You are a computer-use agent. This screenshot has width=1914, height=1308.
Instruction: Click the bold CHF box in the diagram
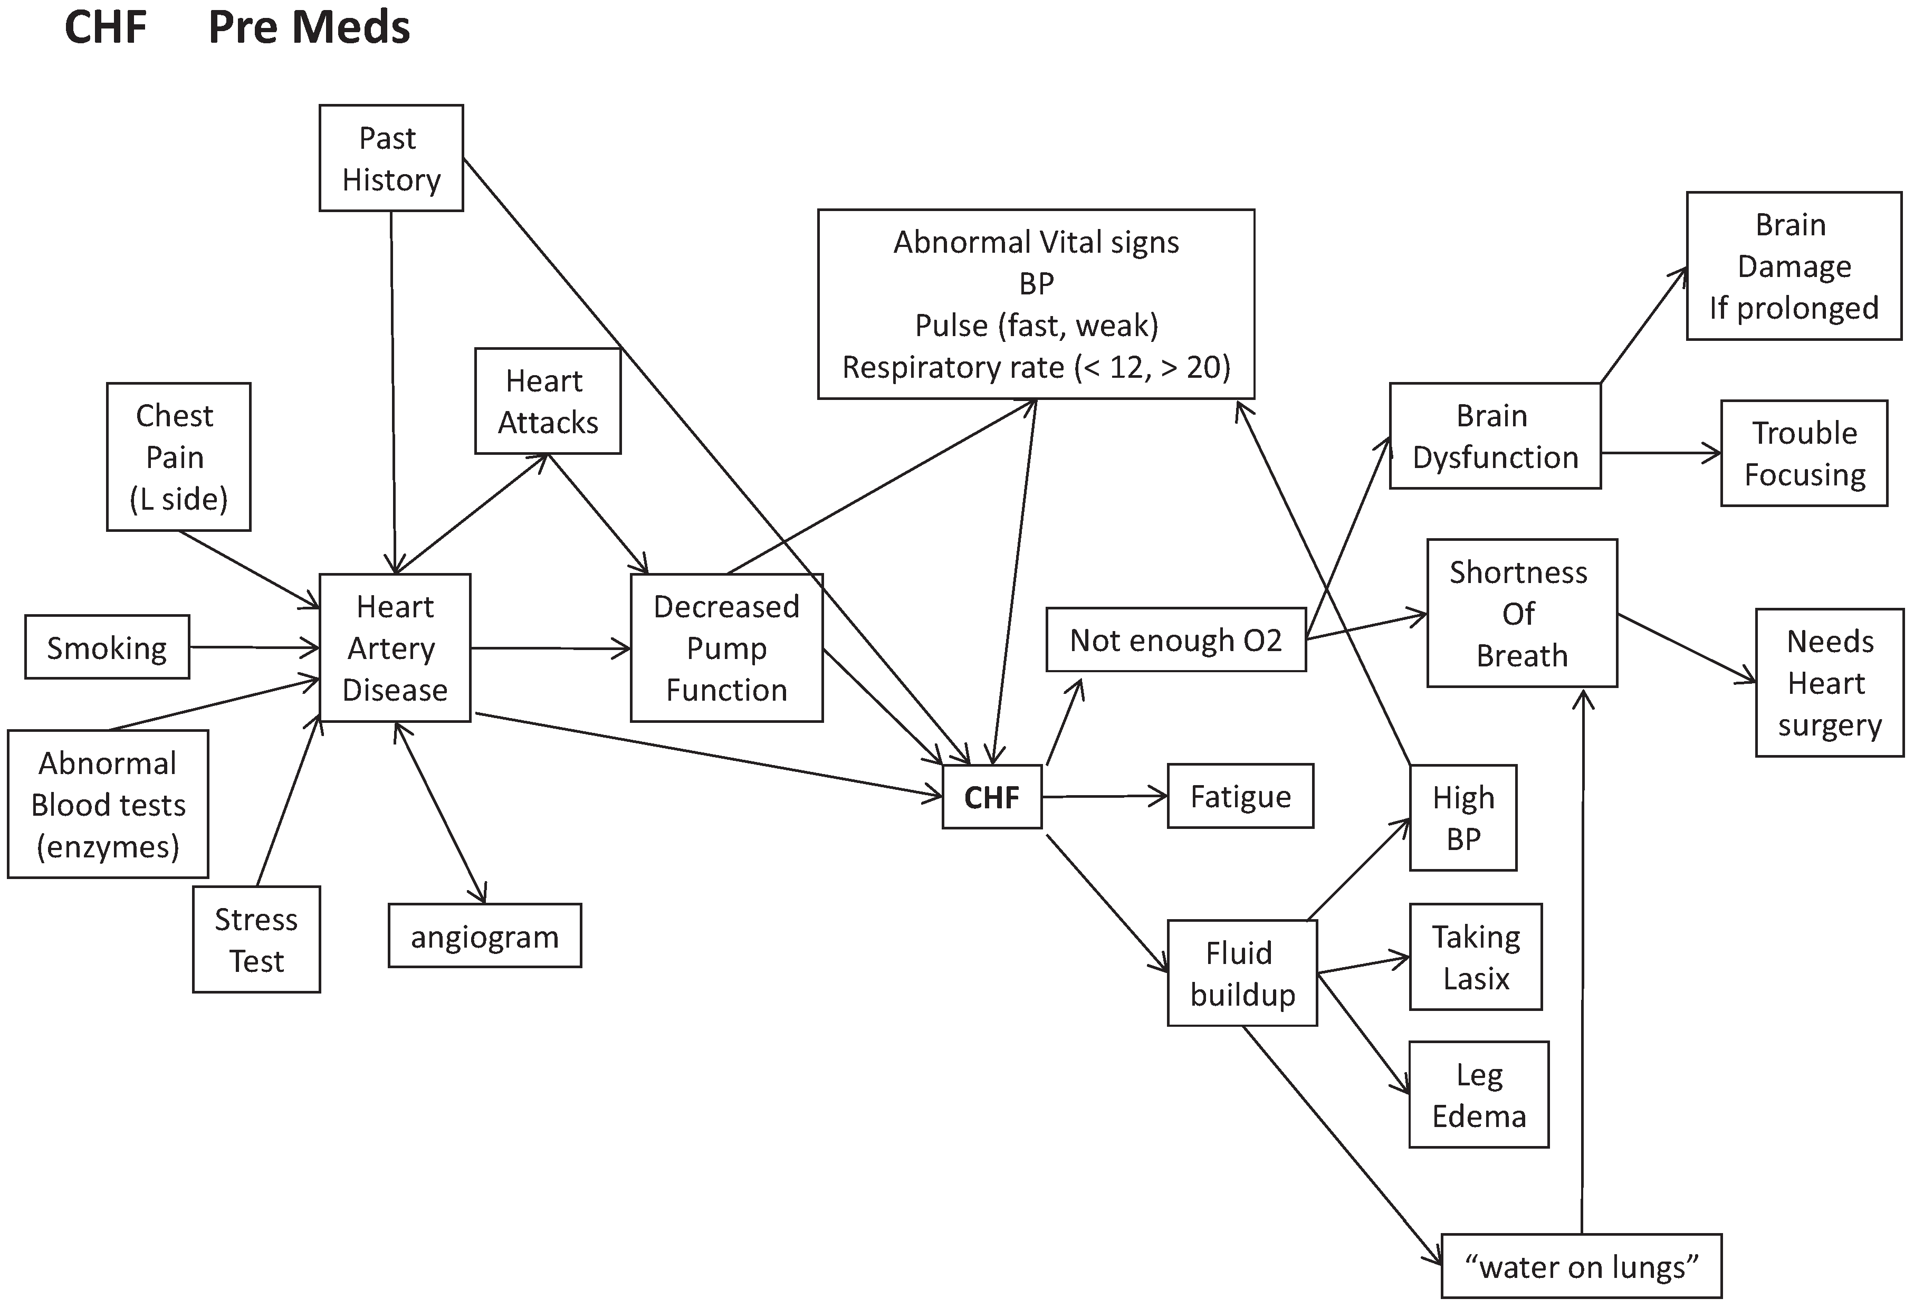tap(992, 797)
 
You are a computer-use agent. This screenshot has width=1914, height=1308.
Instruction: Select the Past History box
tap(391, 158)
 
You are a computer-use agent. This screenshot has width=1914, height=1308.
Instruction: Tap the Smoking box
tap(107, 647)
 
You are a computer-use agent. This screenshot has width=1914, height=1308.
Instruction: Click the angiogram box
tap(485, 935)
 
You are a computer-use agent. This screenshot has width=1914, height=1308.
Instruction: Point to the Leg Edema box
tap(1479, 1095)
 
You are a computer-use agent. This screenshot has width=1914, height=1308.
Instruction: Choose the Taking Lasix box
tap(1476, 957)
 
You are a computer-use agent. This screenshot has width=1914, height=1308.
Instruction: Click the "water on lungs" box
tap(1581, 1266)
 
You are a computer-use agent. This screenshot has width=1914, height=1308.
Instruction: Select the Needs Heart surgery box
tap(1830, 683)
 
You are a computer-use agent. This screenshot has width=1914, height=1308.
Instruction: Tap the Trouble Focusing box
tap(1804, 453)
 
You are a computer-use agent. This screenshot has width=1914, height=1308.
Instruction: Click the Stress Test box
tap(256, 940)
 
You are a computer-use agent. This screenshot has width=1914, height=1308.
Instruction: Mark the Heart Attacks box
tap(548, 401)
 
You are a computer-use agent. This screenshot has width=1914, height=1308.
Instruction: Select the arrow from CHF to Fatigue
tap(1105, 797)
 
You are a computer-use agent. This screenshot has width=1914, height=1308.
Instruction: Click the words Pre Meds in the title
tap(309, 27)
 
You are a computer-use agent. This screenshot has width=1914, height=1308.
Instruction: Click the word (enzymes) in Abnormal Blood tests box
tap(108, 847)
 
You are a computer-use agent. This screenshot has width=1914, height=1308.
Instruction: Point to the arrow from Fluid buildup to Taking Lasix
tap(1363, 966)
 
